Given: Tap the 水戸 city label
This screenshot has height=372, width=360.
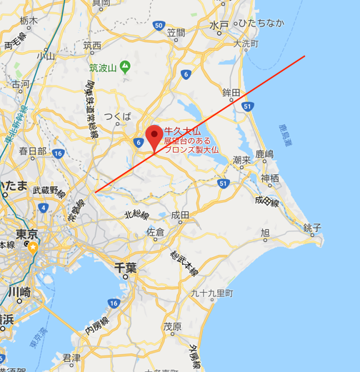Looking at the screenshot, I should pos(219,25).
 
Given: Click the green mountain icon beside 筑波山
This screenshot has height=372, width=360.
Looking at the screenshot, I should pos(125,67).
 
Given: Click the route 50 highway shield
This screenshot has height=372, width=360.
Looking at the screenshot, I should pos(159,26).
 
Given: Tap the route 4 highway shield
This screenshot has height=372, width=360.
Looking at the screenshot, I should pos(44,207).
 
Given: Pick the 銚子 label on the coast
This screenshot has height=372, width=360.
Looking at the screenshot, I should pos(313,227).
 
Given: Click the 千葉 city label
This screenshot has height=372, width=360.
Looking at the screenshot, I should pos(125,268).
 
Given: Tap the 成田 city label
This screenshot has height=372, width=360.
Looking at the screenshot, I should pos(180,215).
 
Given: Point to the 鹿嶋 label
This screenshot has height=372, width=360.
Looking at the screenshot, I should pos(264,154).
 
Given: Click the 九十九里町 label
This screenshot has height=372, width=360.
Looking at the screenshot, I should pos(213,293).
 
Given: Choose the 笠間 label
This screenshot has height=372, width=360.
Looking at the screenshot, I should pos(175,33).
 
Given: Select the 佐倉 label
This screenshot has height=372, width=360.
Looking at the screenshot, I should pos(155,232).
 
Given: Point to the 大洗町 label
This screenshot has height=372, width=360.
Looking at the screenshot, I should pos(246,44).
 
